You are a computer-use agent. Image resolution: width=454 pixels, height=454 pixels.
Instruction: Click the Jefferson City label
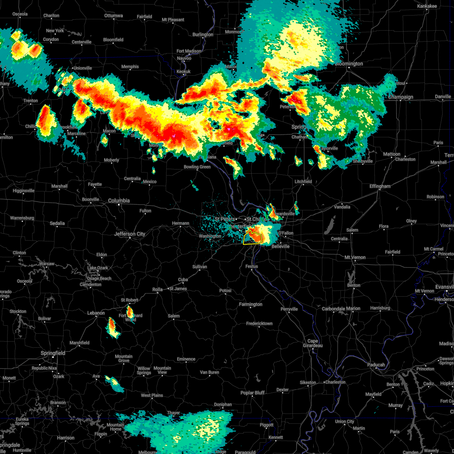coord(130,234)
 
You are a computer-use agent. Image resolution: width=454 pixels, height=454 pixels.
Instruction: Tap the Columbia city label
coord(119,201)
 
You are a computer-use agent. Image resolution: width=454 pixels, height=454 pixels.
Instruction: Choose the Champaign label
coord(401,97)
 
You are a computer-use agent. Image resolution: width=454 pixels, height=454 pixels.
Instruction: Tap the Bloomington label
coord(348,64)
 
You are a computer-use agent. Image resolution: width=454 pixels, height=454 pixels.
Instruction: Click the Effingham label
coord(380,186)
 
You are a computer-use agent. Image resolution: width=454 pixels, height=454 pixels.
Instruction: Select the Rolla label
coord(157,289)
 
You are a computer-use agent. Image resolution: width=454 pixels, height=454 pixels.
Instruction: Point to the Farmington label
coord(250,304)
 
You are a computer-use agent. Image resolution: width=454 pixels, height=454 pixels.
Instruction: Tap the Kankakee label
coord(427,6)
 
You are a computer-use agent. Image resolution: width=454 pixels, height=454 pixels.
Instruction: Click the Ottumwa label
coord(113,16)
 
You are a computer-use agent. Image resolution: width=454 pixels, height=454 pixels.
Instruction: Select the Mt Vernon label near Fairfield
coord(355,257)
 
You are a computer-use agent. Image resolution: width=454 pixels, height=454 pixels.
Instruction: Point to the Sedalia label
coord(57,223)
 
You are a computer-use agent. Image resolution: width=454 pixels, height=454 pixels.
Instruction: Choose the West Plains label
coord(152,395)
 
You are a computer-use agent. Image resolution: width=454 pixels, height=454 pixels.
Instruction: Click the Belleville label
coord(280,246)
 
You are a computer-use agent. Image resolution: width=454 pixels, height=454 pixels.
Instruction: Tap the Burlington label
coord(203,34)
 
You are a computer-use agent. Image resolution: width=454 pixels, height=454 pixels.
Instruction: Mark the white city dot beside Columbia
coord(119,205)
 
